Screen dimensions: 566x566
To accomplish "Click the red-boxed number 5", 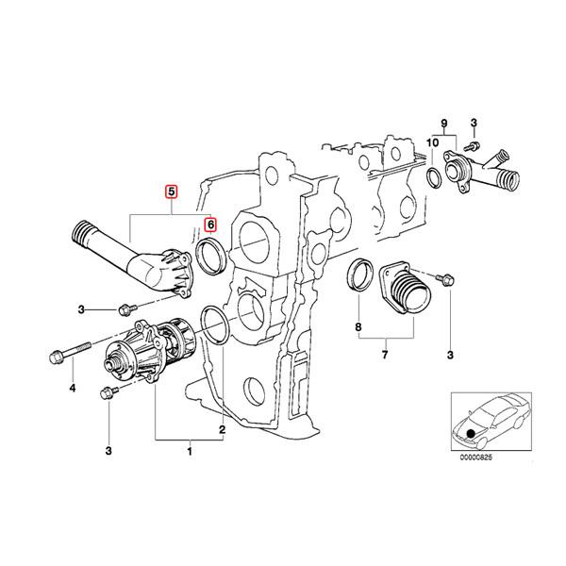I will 171,192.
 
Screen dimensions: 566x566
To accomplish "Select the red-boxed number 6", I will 211,225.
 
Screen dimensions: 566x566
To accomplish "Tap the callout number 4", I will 70,388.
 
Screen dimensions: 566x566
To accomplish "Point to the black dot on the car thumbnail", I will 469,433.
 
